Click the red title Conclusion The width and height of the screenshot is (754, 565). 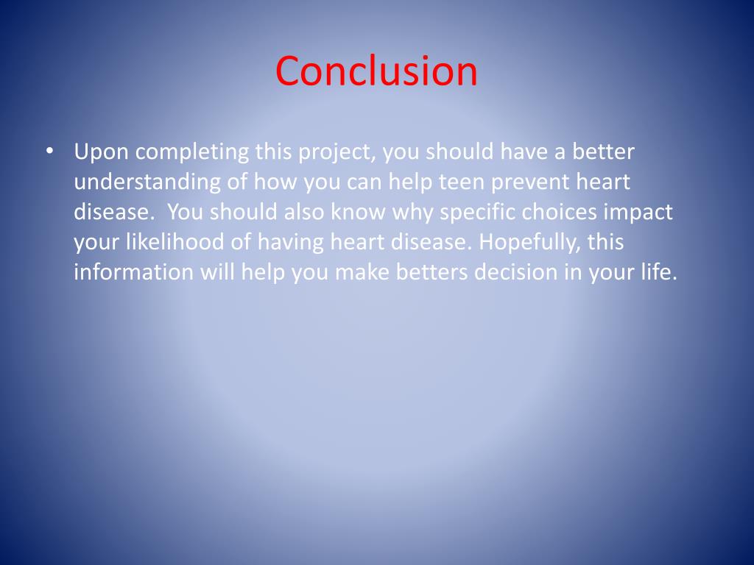(x=376, y=71)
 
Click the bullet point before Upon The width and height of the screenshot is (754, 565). (x=49, y=151)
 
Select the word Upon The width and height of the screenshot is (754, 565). (x=101, y=153)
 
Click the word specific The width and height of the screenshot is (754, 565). (x=479, y=213)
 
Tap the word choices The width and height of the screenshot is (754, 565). (x=559, y=212)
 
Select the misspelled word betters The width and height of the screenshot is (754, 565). (x=432, y=272)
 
